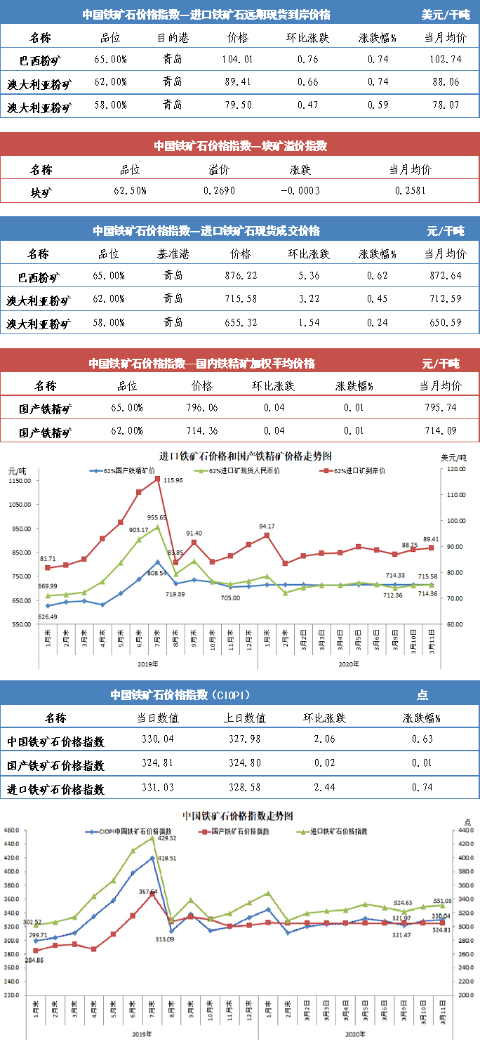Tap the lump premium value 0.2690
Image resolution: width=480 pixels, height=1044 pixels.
click(x=218, y=190)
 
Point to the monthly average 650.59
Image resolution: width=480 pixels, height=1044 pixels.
click(x=445, y=324)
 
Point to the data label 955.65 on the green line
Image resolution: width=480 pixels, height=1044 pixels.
click(x=159, y=517)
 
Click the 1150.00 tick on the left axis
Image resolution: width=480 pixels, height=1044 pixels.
click(x=18, y=481)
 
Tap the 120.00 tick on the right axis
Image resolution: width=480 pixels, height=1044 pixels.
click(x=458, y=469)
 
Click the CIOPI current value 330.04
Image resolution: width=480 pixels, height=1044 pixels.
click(x=158, y=739)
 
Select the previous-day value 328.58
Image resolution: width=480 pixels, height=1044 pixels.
click(x=250, y=788)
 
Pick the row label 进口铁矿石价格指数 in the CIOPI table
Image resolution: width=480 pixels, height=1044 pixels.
click(x=55, y=789)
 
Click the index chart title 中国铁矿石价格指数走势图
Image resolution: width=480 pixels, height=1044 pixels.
click(x=237, y=816)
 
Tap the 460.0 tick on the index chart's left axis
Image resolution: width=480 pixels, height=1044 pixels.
click(x=13, y=831)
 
